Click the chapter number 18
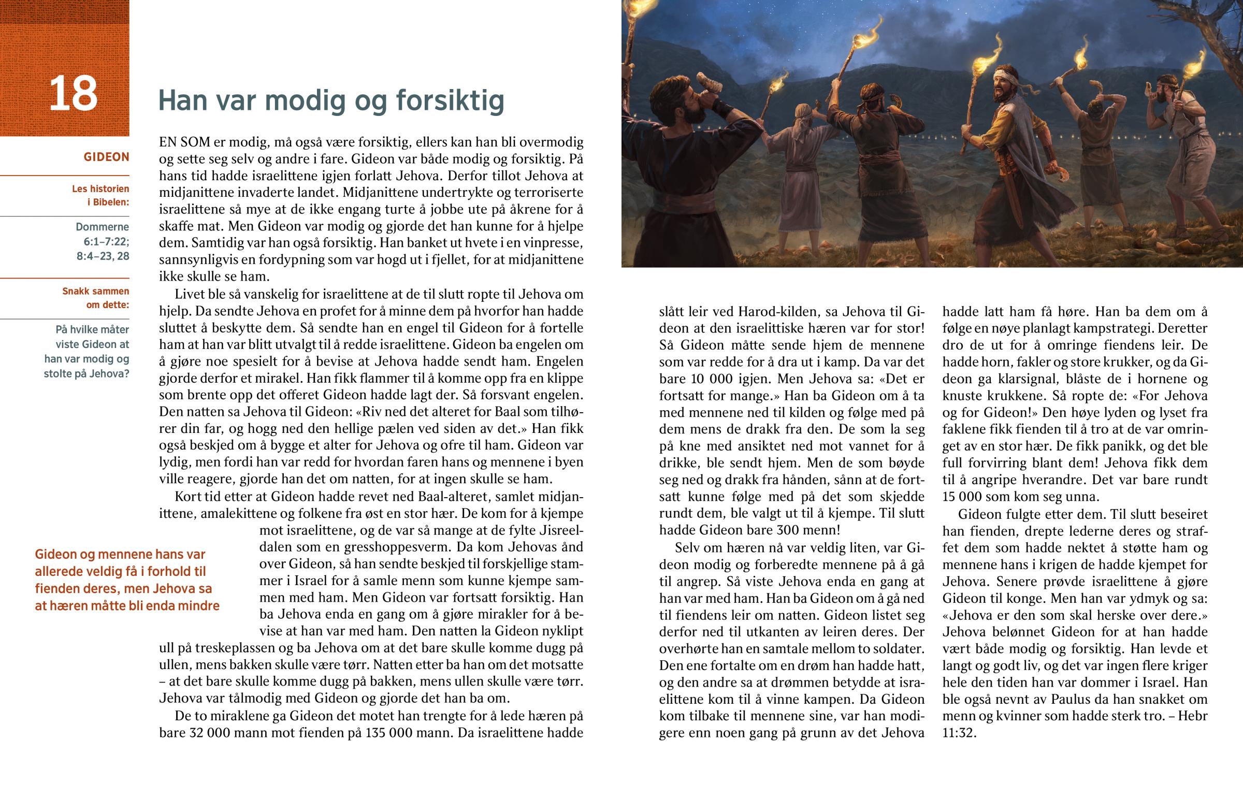click(x=73, y=94)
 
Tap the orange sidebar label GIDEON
click(x=106, y=157)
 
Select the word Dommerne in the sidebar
click(x=102, y=227)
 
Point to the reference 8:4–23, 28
click(x=103, y=256)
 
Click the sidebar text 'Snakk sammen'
click(x=95, y=291)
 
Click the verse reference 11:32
click(x=959, y=733)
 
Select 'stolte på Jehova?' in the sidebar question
click(x=86, y=373)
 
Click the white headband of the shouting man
click(x=1003, y=79)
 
